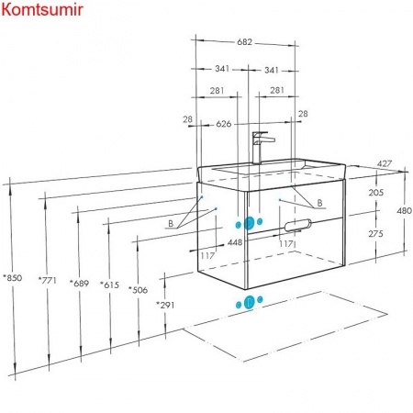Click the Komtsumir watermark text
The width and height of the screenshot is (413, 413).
pyautogui.click(x=42, y=10)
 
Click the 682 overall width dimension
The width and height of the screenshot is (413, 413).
pyautogui.click(x=244, y=42)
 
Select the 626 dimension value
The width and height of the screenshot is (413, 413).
pyautogui.click(x=224, y=124)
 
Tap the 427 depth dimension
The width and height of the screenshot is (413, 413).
pyautogui.click(x=385, y=163)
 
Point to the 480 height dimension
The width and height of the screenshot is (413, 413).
pyautogui.click(x=404, y=210)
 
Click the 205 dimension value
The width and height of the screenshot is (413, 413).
pyautogui.click(x=376, y=193)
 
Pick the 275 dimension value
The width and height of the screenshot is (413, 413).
pyautogui.click(x=375, y=234)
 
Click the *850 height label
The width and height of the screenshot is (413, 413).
pyautogui.click(x=13, y=278)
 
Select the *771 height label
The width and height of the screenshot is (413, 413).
pyautogui.click(x=48, y=280)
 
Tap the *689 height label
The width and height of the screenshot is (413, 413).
pyautogui.click(x=79, y=284)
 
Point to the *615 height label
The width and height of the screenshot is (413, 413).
pyautogui.click(x=109, y=285)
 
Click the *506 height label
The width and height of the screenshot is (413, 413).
pyautogui.click(x=138, y=290)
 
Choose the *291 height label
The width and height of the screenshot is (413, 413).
pyautogui.click(x=165, y=305)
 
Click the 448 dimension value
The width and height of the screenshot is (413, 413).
pyautogui.click(x=235, y=242)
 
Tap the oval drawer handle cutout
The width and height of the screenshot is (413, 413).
pyautogui.click(x=297, y=225)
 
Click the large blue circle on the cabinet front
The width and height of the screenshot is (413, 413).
pyautogui.click(x=250, y=223)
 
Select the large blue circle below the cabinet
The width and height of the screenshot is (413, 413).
pyautogui.click(x=250, y=302)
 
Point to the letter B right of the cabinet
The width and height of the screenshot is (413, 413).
pyautogui.click(x=319, y=203)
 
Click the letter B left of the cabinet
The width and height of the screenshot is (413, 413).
pyautogui.click(x=171, y=223)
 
